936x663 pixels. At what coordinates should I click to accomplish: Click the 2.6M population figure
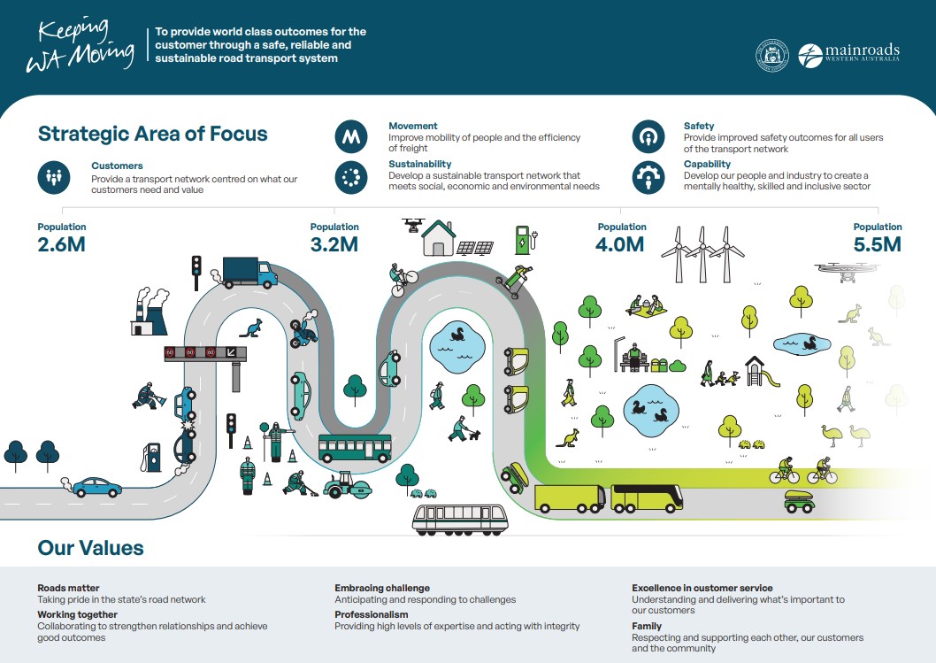click(61, 244)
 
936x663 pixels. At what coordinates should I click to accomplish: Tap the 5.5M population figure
click(877, 244)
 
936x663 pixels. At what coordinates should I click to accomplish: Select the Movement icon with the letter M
click(351, 138)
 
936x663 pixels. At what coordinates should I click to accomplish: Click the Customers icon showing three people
click(54, 176)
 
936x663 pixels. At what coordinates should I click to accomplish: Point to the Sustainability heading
click(419, 164)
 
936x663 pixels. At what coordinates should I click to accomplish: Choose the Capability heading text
click(707, 164)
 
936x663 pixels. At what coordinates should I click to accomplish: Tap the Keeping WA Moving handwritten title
click(80, 43)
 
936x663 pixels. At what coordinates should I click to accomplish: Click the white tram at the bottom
click(460, 518)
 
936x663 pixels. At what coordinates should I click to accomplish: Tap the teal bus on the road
click(354, 448)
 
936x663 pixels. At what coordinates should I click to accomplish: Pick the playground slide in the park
click(762, 371)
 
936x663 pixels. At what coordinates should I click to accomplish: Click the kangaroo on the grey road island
click(252, 328)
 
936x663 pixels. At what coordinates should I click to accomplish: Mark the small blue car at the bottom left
click(96, 486)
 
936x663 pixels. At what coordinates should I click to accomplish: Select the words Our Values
click(90, 548)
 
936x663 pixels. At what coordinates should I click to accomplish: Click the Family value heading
click(647, 626)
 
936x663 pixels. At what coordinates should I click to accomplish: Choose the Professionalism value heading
click(372, 614)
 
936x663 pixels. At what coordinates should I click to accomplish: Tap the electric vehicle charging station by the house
click(522, 240)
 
